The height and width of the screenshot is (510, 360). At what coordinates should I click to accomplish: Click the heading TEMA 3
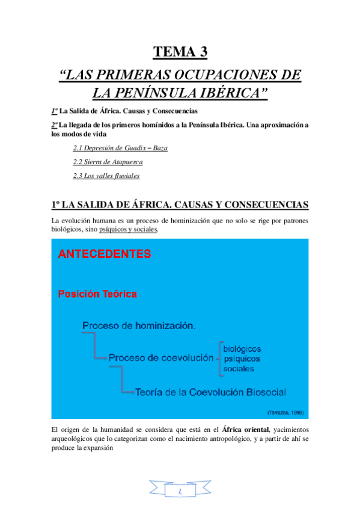[180, 52]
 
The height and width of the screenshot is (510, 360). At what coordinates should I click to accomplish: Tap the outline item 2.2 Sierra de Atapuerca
[108, 162]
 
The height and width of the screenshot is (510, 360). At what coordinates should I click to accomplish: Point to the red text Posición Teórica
[97, 294]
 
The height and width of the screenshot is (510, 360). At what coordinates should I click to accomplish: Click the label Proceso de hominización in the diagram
[138, 325]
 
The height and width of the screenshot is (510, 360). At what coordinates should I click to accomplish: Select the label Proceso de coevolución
[161, 357]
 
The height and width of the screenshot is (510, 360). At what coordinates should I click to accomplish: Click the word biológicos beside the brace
[242, 348]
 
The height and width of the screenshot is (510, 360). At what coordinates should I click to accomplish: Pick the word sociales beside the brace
[239, 369]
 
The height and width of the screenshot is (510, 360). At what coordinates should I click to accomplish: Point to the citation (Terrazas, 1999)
[285, 413]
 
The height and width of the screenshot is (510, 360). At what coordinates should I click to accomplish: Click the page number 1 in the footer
[180, 492]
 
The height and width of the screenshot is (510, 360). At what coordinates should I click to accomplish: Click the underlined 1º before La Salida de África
[54, 111]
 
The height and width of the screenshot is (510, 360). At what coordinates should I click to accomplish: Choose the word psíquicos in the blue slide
[241, 358]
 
